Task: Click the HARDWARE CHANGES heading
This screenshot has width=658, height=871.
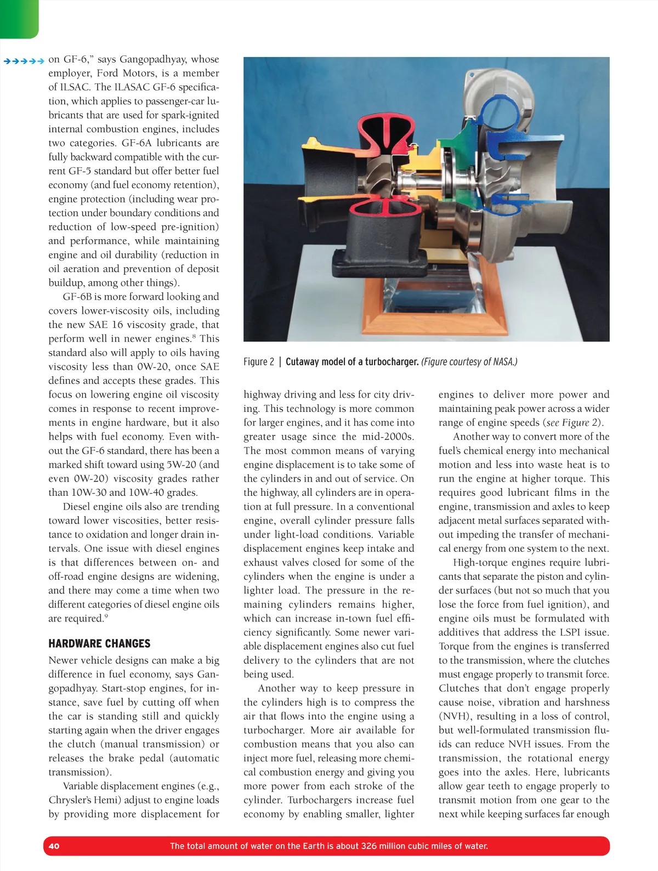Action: tap(99, 643)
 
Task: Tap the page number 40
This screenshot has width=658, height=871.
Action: tap(54, 846)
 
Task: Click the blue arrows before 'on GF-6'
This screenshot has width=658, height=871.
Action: tap(24, 60)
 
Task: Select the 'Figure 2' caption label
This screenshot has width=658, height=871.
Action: tap(259, 361)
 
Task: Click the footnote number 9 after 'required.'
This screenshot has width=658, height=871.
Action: tap(106, 616)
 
